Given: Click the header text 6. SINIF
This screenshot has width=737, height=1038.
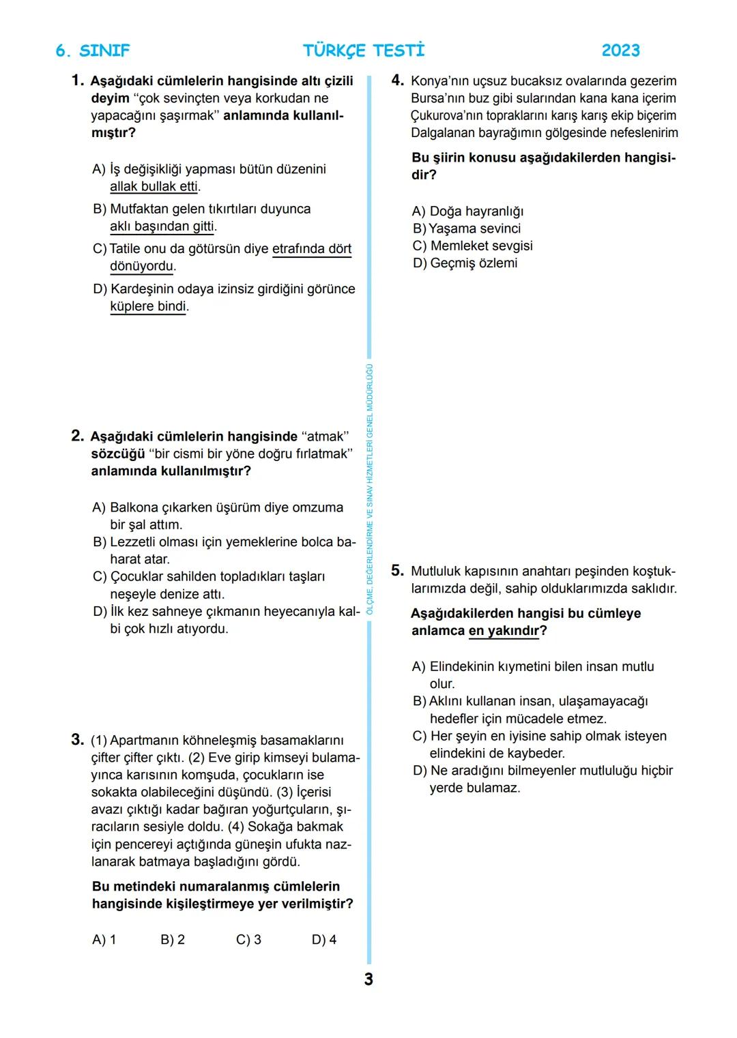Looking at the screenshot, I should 92,50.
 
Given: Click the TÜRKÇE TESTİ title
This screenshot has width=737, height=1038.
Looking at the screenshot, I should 364,50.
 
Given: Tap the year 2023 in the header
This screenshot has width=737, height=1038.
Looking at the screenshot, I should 620,50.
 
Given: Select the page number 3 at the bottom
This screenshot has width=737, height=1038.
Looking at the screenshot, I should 369,979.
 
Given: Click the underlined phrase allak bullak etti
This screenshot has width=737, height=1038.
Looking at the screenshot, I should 154,186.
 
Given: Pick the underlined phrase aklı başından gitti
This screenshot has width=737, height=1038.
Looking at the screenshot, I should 162,226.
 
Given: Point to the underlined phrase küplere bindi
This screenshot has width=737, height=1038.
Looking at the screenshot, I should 148,306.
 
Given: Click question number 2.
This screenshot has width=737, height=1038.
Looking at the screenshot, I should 77,436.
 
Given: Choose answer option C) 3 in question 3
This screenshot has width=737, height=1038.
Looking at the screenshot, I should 248,940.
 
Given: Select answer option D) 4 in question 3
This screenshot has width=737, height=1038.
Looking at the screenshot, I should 323,940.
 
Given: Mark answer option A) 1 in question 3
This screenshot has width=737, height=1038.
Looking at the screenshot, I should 104,940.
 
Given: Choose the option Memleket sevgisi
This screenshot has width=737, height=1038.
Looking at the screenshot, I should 481,246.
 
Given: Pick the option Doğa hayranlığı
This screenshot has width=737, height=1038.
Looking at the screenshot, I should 476,211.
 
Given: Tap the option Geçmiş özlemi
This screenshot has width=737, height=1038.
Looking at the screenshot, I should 474,263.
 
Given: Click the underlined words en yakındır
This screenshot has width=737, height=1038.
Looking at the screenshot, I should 504,631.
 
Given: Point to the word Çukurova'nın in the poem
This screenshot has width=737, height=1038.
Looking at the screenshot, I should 446,115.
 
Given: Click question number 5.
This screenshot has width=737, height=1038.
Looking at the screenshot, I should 397,570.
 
